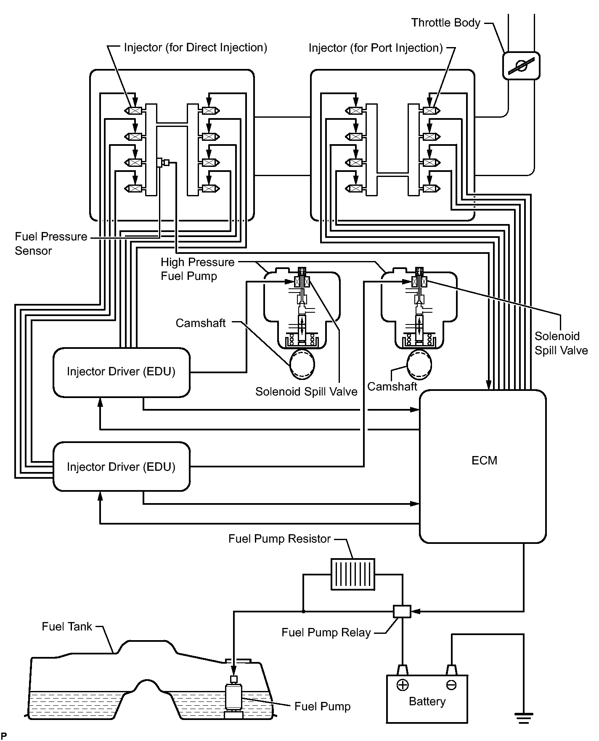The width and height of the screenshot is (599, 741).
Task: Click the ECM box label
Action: coord(484,461)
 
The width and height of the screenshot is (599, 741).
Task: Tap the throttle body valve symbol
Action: coord(521,66)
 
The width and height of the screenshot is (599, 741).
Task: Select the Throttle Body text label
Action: coord(445,23)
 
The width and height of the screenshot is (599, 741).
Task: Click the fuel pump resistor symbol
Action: coord(353,574)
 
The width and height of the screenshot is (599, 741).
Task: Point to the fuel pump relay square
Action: coord(402,612)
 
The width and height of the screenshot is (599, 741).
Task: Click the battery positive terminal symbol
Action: coord(403,686)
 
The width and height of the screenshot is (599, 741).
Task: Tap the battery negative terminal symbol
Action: coord(451,686)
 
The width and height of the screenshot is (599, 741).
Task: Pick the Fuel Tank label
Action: coord(67,627)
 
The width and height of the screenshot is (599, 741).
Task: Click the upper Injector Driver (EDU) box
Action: coord(121,372)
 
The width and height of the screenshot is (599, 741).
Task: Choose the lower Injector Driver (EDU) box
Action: coord(121,467)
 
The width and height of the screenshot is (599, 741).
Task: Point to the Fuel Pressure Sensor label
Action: coord(51,244)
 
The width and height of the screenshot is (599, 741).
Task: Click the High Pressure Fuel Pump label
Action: coord(197,269)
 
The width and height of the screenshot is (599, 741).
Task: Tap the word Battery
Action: coord(427,701)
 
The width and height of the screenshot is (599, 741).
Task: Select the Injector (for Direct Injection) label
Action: coord(195,47)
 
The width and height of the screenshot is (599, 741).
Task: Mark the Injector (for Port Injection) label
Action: coord(376,48)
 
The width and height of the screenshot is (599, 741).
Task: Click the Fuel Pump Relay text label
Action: coord(326,633)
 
